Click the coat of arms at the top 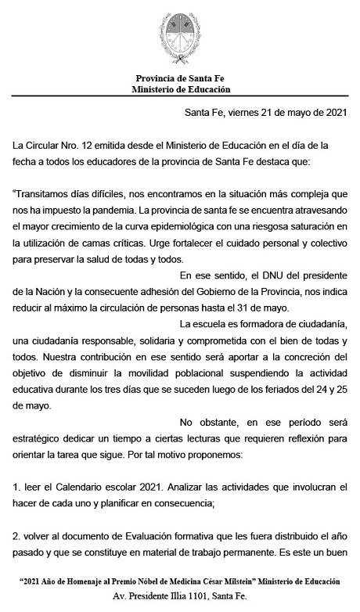180,34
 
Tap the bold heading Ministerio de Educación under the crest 179,89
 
